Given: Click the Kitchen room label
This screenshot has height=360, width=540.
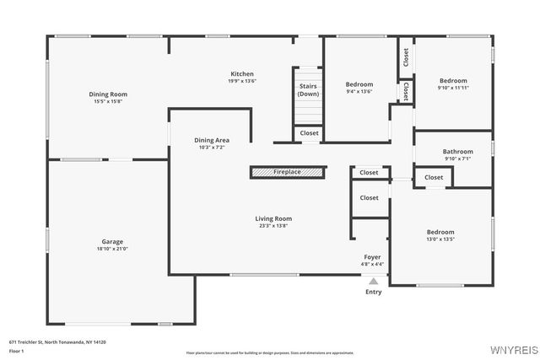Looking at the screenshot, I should pos(242,74).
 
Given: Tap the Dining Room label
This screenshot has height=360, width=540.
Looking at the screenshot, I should pos(108,94).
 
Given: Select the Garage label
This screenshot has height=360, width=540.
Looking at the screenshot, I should pos(112,242).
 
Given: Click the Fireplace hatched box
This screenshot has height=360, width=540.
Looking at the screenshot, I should pos(288,172).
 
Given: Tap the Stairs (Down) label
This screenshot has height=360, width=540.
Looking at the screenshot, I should pos(308,89).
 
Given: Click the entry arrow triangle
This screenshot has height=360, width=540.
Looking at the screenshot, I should pos(373,282).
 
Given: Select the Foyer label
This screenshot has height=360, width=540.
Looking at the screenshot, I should pos(373,257).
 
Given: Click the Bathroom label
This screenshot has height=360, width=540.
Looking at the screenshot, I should pos(457,152).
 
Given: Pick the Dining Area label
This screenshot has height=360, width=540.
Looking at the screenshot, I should pos(212,140).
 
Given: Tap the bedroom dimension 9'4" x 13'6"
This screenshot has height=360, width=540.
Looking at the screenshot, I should pos(359,92).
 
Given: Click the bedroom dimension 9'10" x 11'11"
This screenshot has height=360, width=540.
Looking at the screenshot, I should pos(453,88).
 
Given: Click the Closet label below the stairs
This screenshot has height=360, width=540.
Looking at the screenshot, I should pos(310,133).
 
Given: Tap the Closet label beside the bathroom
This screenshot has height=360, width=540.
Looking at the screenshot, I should pos(434,177).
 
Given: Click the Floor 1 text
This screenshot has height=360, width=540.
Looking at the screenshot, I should pos(17,350).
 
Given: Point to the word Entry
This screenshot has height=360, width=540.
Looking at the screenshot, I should pos(373,293).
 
